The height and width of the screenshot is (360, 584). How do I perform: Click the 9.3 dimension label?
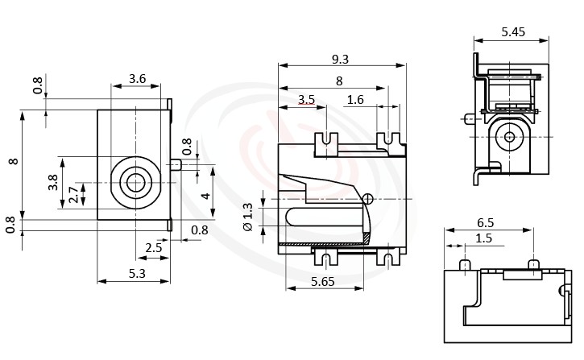pos(340,59)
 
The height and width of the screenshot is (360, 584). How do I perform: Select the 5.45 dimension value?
pos(513,31)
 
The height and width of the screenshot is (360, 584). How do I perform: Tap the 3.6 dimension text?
pos(137,79)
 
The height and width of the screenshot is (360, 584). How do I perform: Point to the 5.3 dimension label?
pos(136,274)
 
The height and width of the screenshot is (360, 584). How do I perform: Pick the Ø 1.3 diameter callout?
pos(247,217)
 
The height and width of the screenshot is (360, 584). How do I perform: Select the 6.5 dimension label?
pos(486,222)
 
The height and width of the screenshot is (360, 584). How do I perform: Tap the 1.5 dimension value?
pos(483,238)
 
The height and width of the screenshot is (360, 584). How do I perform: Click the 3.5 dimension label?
pos(306,100)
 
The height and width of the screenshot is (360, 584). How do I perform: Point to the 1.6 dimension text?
pos(355,100)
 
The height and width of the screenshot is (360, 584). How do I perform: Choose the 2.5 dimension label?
pos(154,248)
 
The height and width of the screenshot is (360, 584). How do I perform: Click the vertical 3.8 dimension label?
pos(53,183)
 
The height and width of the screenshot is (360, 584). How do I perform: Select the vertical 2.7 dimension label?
pos(73,195)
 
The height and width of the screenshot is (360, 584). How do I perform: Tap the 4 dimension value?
pos(205,195)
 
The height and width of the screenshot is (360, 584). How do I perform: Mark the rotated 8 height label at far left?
pos(12,161)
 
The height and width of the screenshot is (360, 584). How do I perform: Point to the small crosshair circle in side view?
pos(368,199)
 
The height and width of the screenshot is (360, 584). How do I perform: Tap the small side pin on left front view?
pos(176,164)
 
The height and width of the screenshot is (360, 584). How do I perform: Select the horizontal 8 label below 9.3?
pos(338,81)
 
